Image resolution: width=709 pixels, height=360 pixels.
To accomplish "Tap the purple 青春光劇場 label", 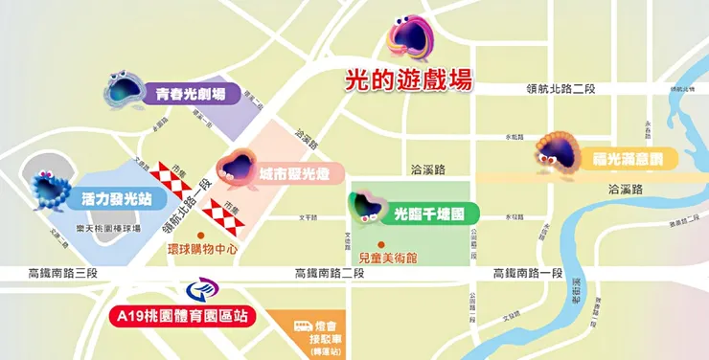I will click(x=192, y=95).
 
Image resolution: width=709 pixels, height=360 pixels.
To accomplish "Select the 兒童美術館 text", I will click(x=384, y=258).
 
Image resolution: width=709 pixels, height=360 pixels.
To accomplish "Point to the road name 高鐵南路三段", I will click(x=58, y=274).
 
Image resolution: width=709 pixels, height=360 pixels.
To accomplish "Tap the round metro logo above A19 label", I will click(x=194, y=290).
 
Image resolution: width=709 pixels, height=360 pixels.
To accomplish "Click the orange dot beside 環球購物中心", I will click(x=200, y=236).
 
